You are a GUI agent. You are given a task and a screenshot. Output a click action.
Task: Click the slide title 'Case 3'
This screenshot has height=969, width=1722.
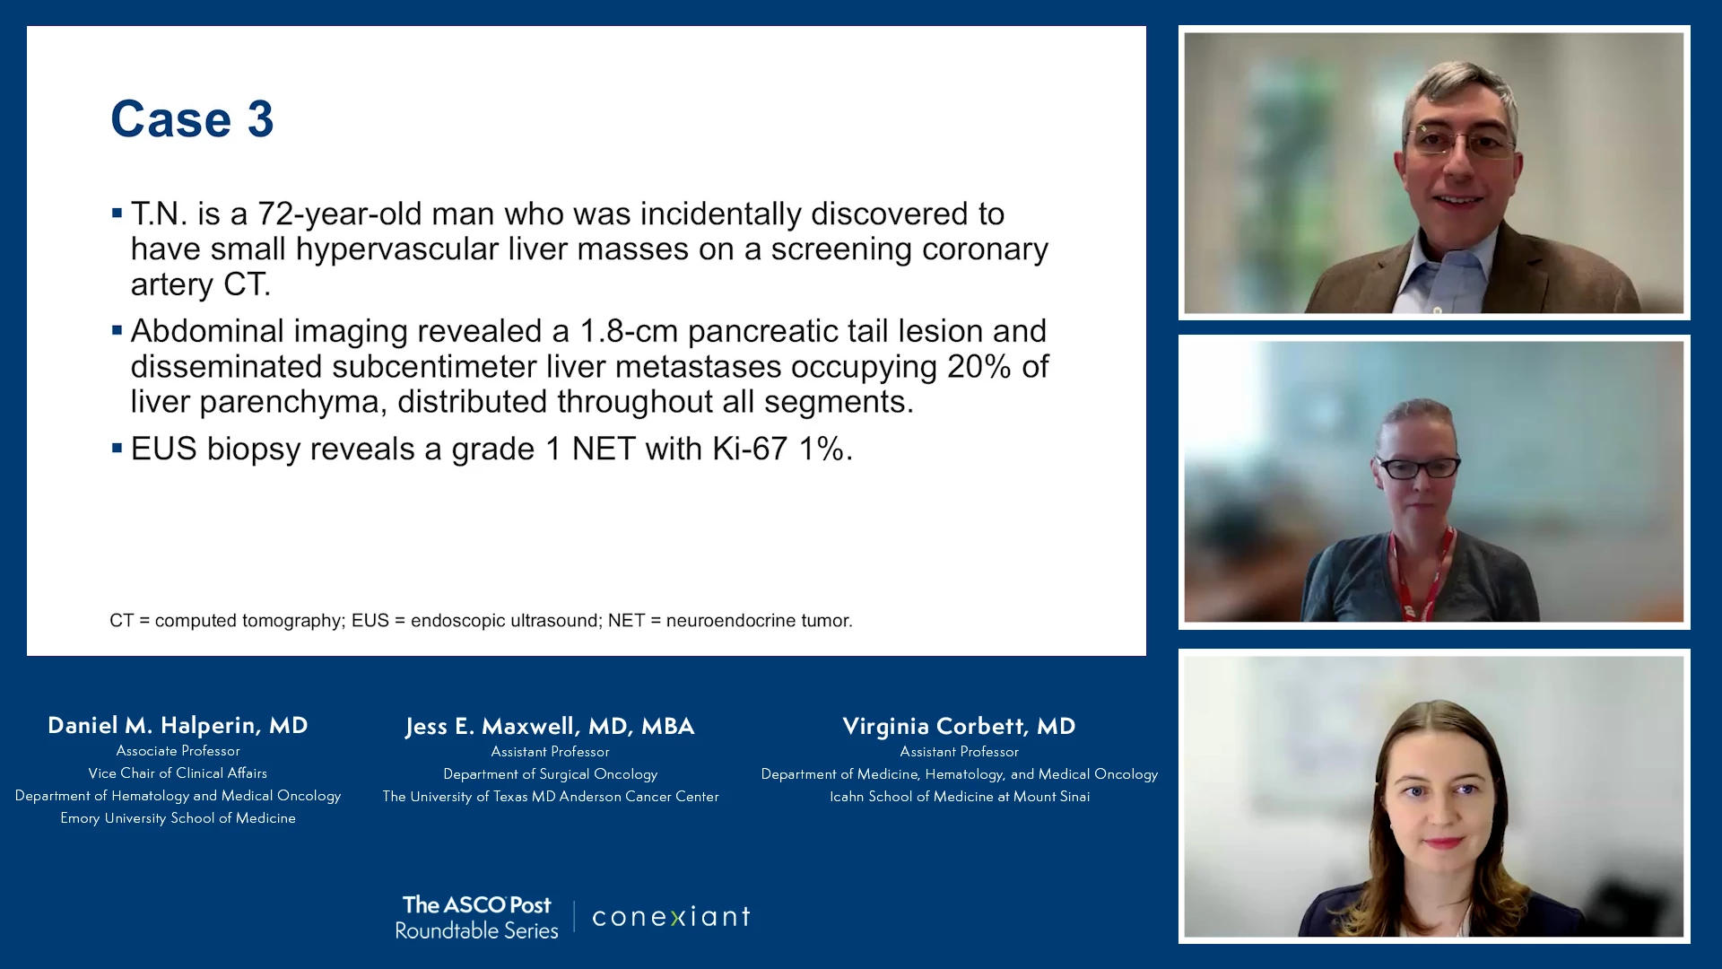point(192,118)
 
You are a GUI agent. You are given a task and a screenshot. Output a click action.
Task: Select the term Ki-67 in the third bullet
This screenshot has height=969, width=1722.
point(750,449)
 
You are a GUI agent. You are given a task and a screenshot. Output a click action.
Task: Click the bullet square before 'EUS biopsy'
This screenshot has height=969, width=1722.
point(117,447)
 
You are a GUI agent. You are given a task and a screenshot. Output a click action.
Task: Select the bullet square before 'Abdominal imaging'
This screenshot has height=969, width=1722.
point(117,330)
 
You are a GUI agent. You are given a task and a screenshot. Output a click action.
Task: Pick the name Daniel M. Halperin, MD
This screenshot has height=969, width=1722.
point(178,725)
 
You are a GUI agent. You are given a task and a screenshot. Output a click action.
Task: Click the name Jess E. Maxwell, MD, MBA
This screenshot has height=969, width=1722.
point(550,726)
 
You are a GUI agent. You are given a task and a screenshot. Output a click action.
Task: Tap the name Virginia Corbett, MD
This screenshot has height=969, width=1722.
point(959,726)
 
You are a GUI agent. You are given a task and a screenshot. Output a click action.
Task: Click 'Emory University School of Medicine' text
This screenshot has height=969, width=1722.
point(178,818)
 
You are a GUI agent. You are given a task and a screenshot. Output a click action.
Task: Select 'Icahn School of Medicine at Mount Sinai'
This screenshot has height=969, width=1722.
point(960,797)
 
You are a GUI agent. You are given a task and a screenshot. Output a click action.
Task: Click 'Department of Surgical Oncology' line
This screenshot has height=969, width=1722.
point(550,774)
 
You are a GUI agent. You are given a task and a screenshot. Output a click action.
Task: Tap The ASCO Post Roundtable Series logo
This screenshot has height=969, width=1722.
point(477,917)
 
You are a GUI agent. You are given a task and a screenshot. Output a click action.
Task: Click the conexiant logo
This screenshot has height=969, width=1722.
point(671,917)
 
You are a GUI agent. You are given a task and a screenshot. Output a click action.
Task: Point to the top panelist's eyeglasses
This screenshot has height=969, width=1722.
point(1461,142)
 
